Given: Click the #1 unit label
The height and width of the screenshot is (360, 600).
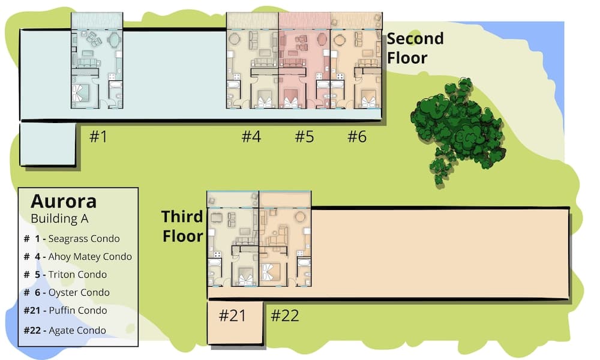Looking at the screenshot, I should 98,137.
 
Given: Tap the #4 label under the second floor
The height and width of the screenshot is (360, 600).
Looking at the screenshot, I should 251,137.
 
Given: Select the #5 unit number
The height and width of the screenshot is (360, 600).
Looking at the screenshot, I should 304,137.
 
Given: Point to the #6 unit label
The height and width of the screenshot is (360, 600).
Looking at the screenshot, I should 357,137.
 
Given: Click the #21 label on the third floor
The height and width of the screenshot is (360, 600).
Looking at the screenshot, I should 232,316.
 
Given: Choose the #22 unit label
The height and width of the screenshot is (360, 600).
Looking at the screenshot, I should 284,316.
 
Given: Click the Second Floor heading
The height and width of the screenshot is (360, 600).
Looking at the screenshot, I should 415,48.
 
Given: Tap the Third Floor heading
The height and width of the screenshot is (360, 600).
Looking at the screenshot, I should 182,226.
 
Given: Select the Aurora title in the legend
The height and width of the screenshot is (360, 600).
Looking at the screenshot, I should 64,200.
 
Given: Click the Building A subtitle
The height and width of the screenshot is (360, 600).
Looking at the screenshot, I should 59,218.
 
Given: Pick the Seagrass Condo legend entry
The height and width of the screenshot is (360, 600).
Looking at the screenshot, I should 71,238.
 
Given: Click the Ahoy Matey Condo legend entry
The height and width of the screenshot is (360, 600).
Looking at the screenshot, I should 77,256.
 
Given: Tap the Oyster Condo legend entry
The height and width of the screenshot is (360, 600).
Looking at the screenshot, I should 67,292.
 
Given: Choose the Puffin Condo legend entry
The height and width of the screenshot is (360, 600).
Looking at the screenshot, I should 65,310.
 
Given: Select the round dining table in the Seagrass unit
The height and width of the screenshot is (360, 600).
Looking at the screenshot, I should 113,40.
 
